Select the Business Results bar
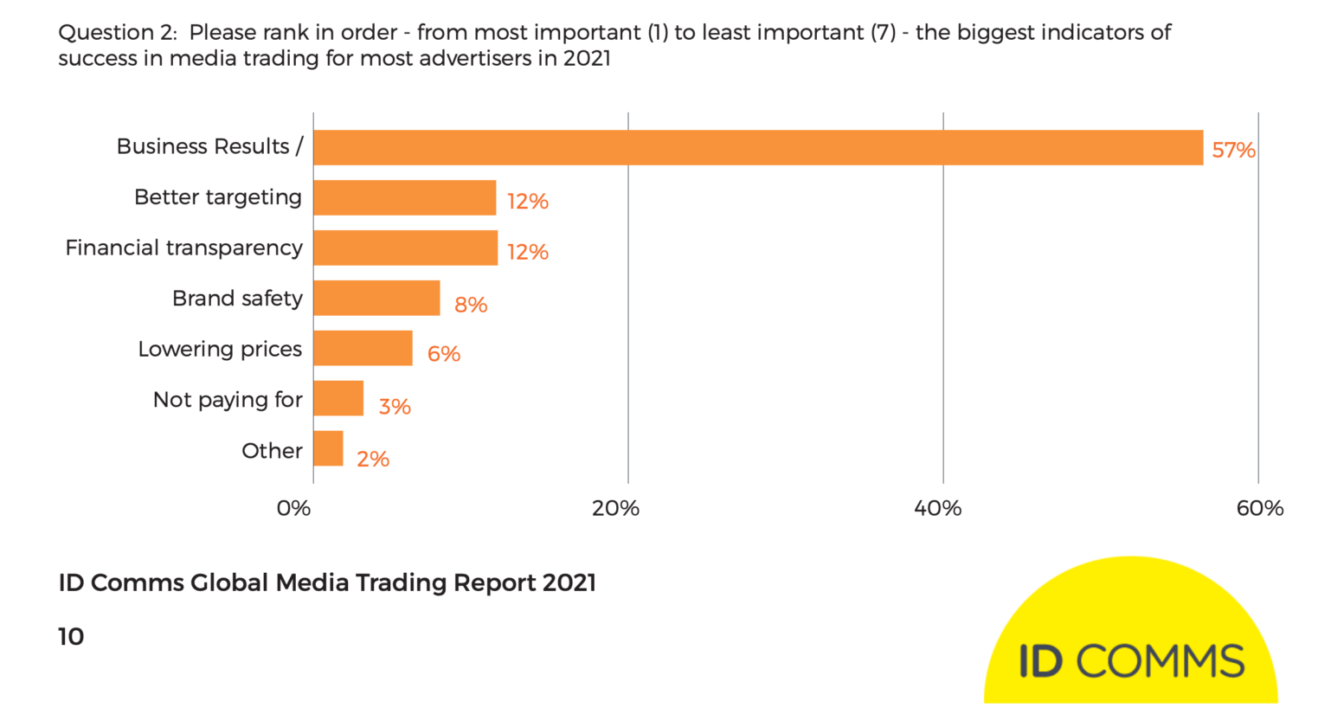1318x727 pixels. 757,147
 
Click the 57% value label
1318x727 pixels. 1233,151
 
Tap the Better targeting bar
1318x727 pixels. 404,197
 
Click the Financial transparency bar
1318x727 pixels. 405,248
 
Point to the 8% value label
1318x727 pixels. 471,305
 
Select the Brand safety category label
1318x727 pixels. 237,299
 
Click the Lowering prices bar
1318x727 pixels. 363,348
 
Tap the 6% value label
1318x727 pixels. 443,354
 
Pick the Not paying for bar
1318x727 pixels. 338,398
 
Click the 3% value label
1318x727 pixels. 395,407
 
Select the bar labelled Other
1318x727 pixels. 328,448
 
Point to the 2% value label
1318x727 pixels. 373,460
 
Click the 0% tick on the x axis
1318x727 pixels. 293,509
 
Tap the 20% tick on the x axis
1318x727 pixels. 615,509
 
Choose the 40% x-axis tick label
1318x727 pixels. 937,509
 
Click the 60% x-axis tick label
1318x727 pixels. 1259,509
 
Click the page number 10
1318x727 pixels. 71,637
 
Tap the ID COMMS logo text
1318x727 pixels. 1131,662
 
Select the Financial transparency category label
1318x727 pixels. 184,248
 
